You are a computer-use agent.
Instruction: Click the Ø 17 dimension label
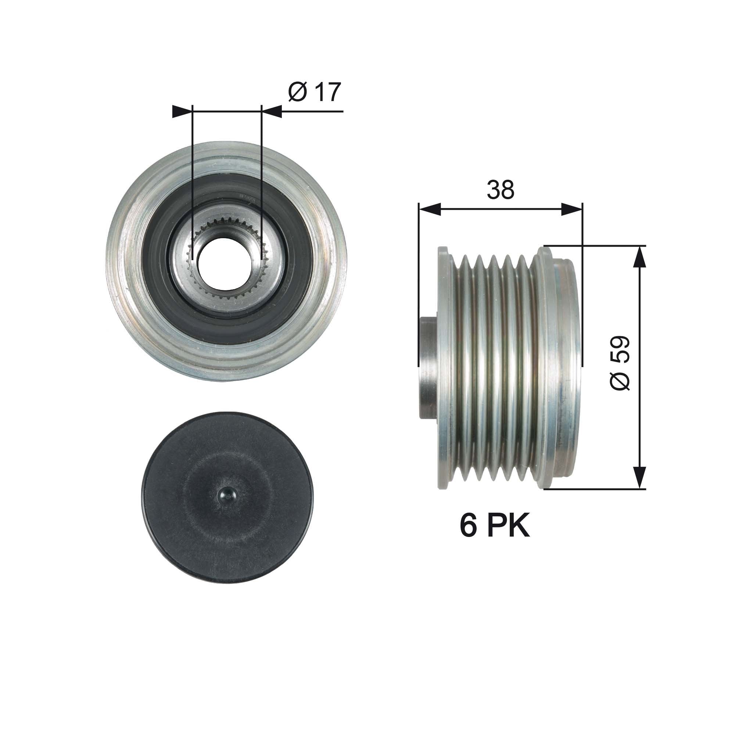tap(314, 93)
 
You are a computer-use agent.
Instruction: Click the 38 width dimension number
tap(500, 190)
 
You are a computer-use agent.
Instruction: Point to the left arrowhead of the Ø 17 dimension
tap(182, 111)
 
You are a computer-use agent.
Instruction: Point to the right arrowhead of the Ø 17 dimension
tap(272, 111)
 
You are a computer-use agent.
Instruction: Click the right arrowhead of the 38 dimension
tap(572, 209)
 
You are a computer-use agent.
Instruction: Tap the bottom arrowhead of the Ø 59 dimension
tap(640, 477)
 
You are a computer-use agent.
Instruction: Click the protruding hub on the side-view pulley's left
tap(428, 367)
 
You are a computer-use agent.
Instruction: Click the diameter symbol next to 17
tap(298, 93)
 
